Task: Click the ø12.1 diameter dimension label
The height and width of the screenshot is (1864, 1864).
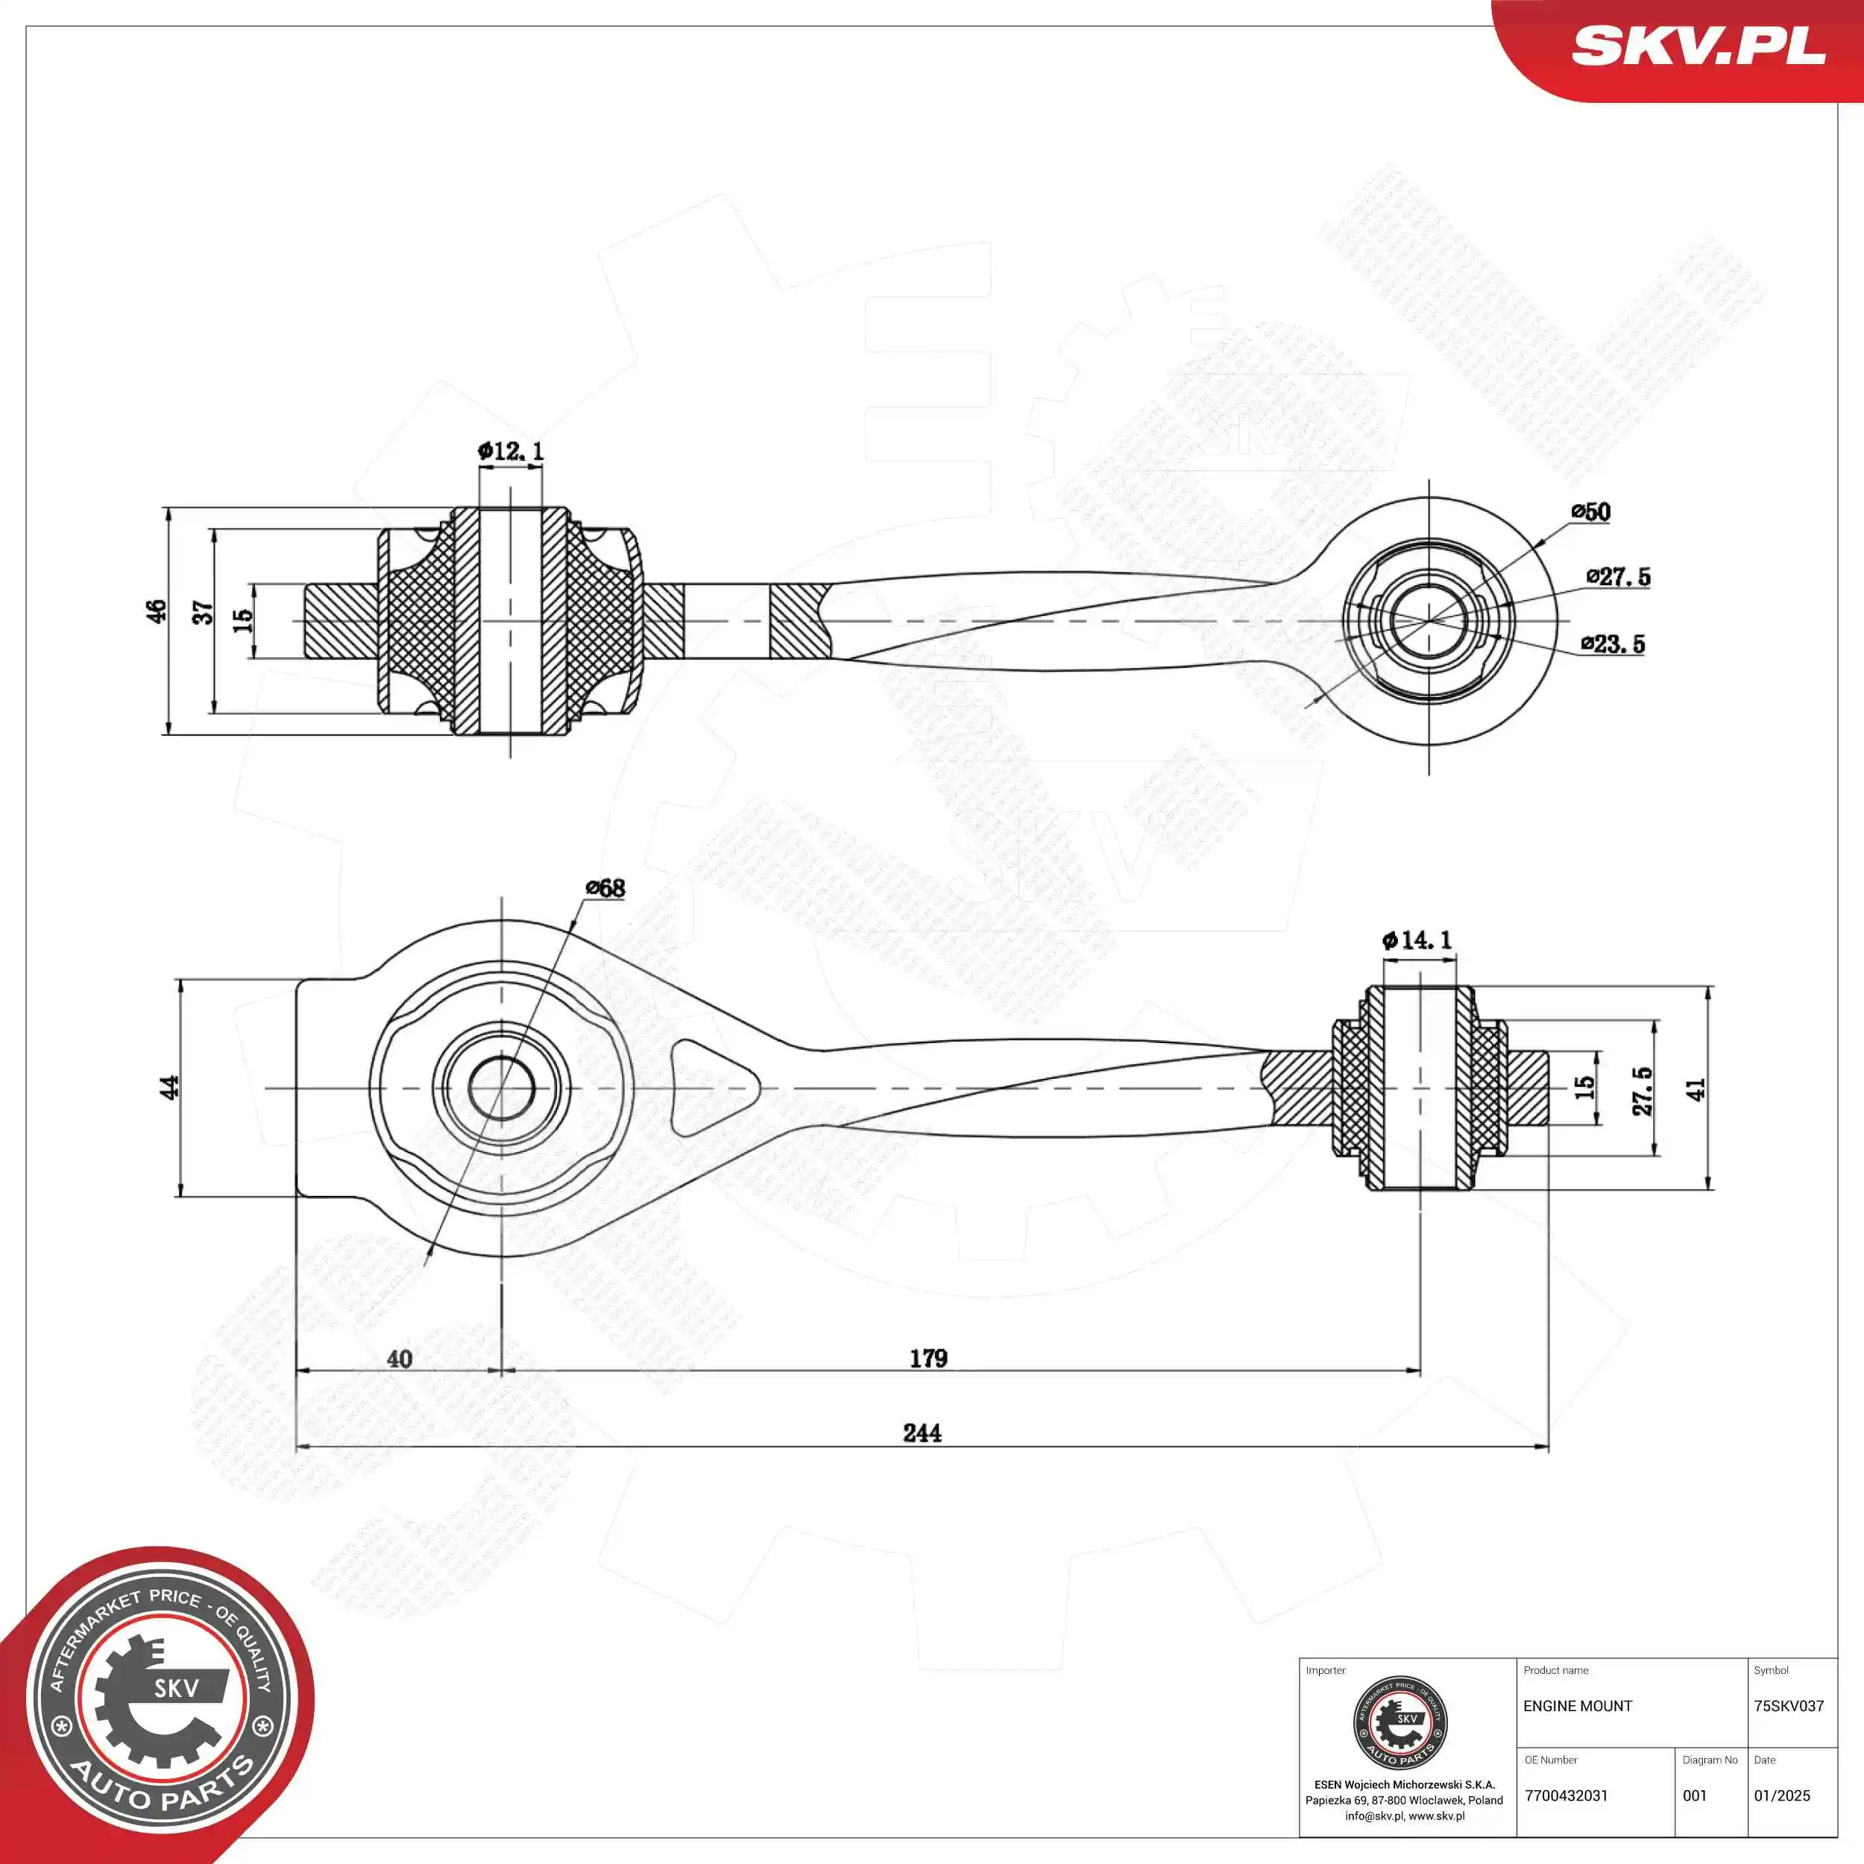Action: coord(511,450)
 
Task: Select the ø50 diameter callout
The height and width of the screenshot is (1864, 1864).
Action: coord(1590,511)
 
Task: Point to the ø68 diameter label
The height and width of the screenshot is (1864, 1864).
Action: coord(605,887)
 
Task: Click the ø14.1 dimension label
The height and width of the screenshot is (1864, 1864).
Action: coord(1417,939)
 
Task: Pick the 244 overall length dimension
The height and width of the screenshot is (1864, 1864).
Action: coord(922,1433)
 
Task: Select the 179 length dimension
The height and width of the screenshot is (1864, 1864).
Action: coord(928,1358)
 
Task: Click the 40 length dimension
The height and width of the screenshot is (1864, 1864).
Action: coord(400,1358)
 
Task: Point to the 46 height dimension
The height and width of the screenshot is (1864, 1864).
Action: coord(157,611)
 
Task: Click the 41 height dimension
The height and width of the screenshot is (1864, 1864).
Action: coord(1695,1089)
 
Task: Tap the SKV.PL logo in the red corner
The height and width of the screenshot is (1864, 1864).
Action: coord(1698,45)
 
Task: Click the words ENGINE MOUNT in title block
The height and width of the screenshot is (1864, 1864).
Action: coord(1578,1706)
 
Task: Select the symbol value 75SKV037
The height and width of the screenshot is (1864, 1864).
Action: coord(1789,1706)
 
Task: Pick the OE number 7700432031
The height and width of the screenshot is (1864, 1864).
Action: coord(1566,1795)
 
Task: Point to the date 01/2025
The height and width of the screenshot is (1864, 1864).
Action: coord(1781,1795)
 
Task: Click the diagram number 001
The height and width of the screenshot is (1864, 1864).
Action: coord(1694,1795)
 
